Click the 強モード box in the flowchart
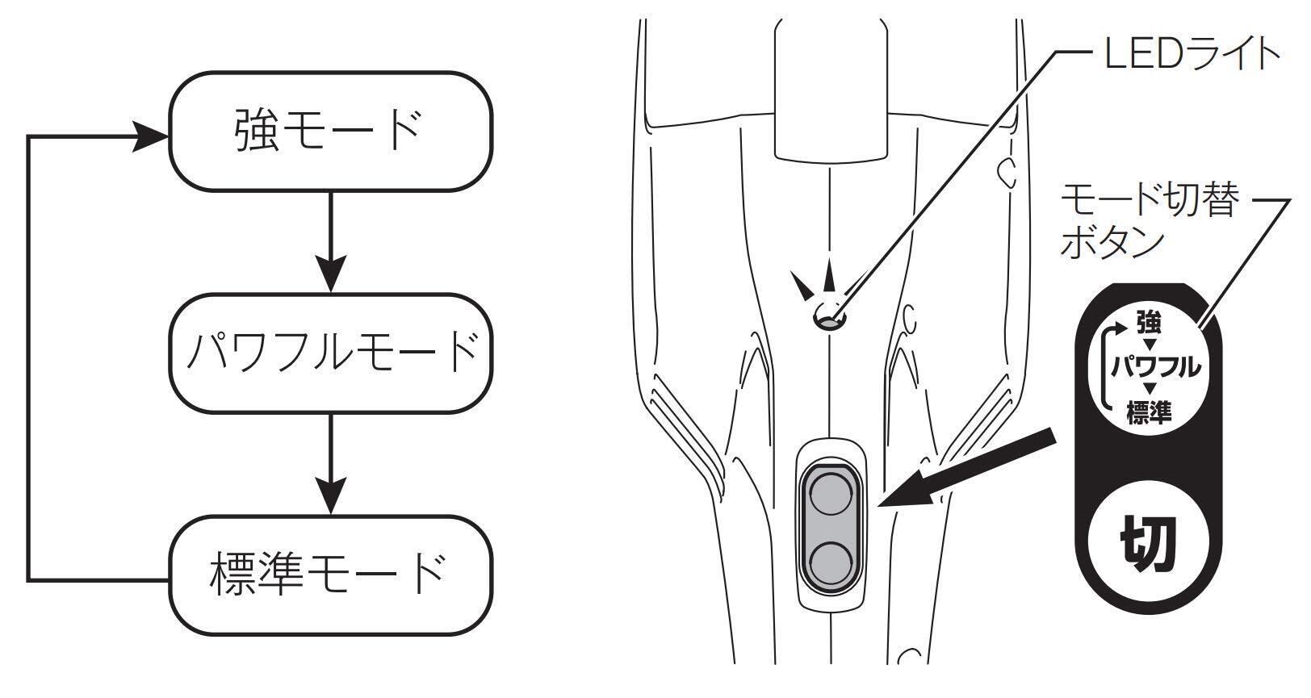pos(331,131)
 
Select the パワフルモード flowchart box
pos(331,353)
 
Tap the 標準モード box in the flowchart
pos(331,575)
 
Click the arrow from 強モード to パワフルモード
pos(331,241)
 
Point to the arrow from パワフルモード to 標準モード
pos(331,464)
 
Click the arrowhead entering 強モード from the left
pos(151,137)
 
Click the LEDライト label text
pos(1192,53)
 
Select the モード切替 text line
pos(1150,200)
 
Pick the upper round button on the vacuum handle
pos(831,493)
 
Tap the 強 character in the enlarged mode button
pos(1149,323)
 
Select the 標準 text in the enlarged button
pos(1149,412)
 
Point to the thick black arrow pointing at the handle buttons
pos(966,468)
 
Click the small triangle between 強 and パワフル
pos(1149,344)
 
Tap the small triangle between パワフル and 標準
pos(1149,388)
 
